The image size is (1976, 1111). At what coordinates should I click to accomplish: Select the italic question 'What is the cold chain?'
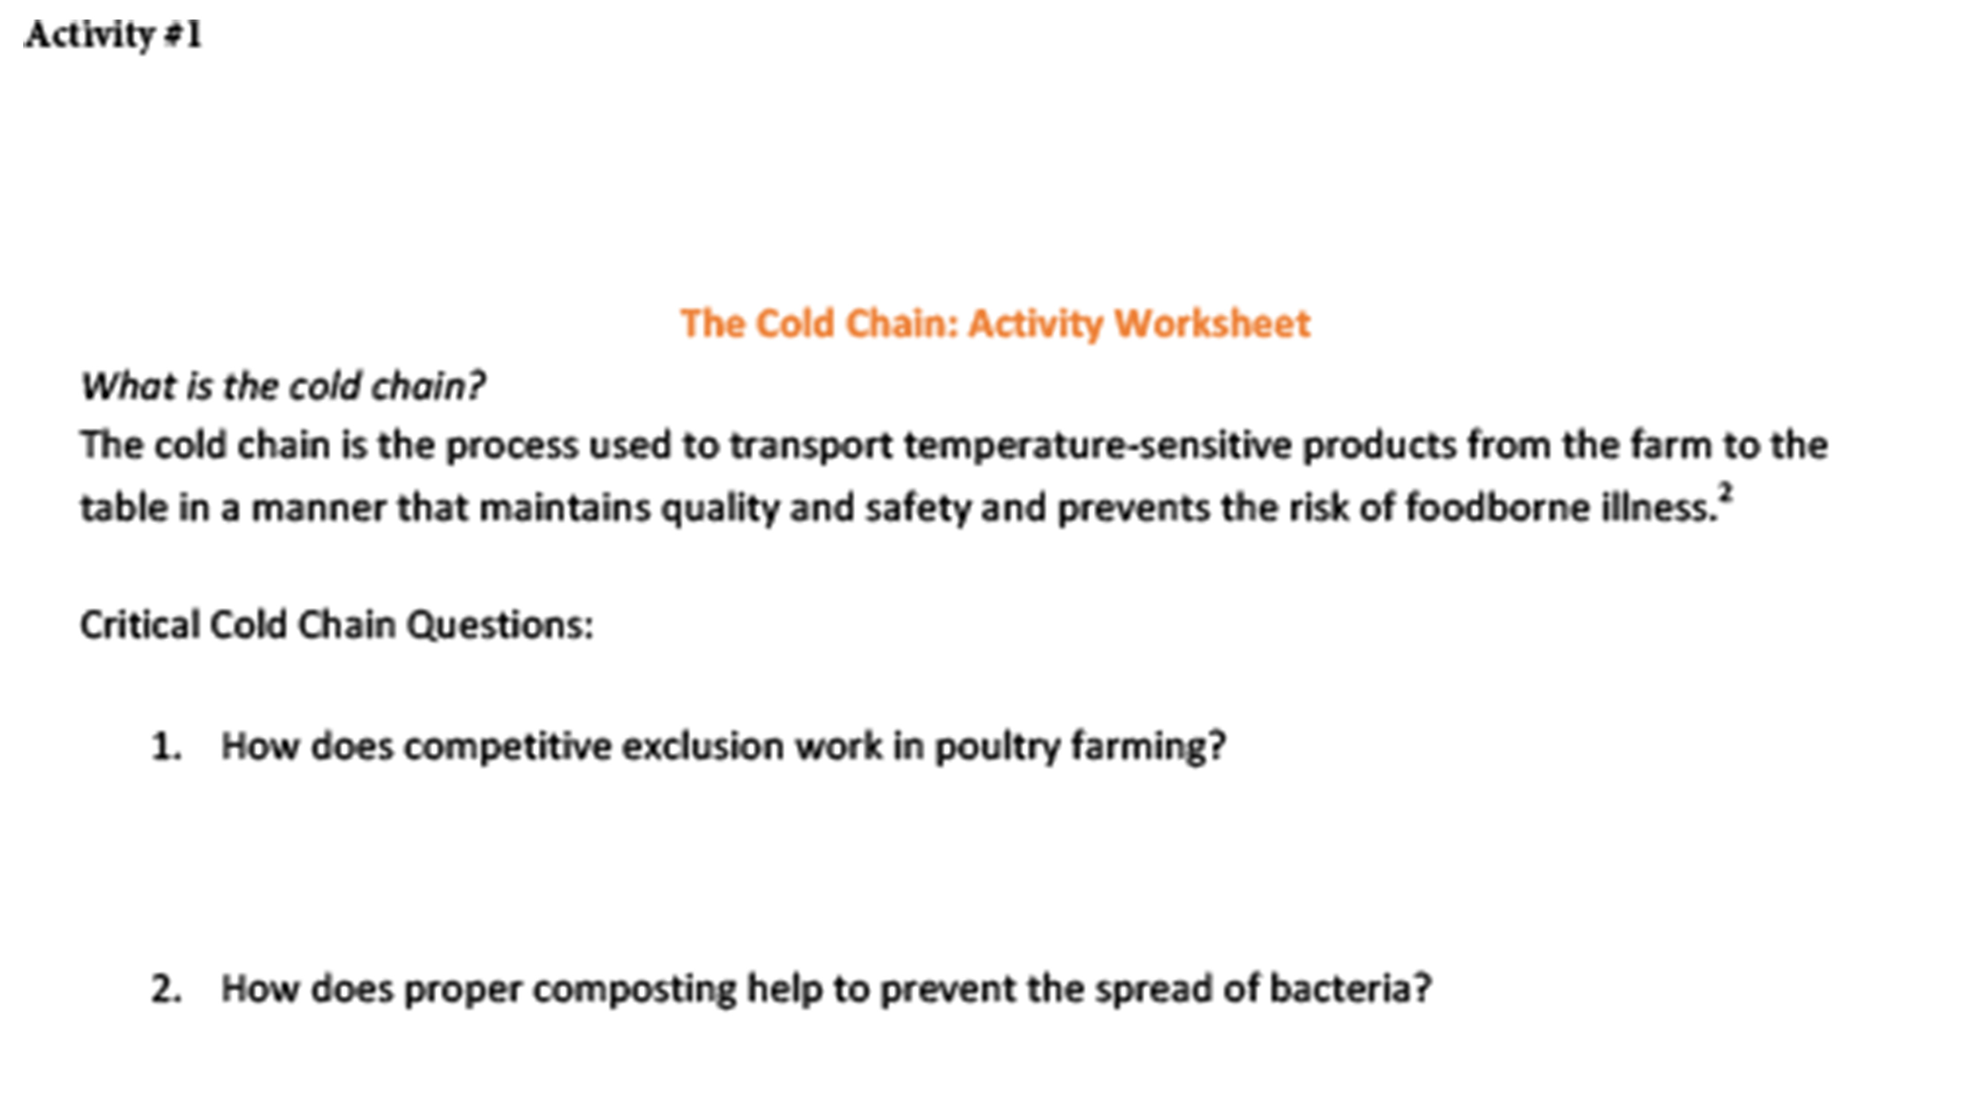(x=283, y=386)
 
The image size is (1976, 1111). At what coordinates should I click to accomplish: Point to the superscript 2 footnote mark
(x=1726, y=491)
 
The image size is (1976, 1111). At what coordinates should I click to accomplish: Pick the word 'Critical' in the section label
(x=140, y=625)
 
